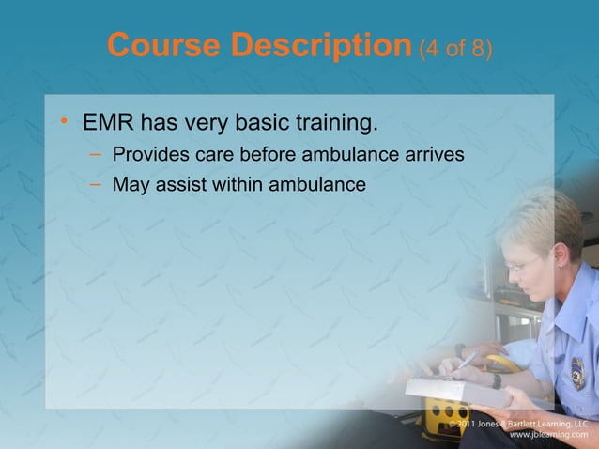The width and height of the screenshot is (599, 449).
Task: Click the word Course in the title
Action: point(162,43)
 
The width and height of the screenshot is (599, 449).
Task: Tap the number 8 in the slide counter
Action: point(476,47)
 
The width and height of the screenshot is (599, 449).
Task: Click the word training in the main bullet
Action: point(328,124)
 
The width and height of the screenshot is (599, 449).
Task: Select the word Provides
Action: point(149,154)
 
